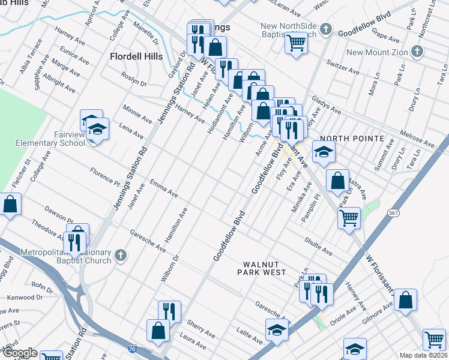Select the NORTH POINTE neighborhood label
point(352,139)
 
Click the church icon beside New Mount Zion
point(417,52)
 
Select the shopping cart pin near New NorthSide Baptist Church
point(296,43)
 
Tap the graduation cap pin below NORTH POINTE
point(324,152)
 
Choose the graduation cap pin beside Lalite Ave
point(277,329)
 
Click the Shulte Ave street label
point(318,247)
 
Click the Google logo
point(20,353)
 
